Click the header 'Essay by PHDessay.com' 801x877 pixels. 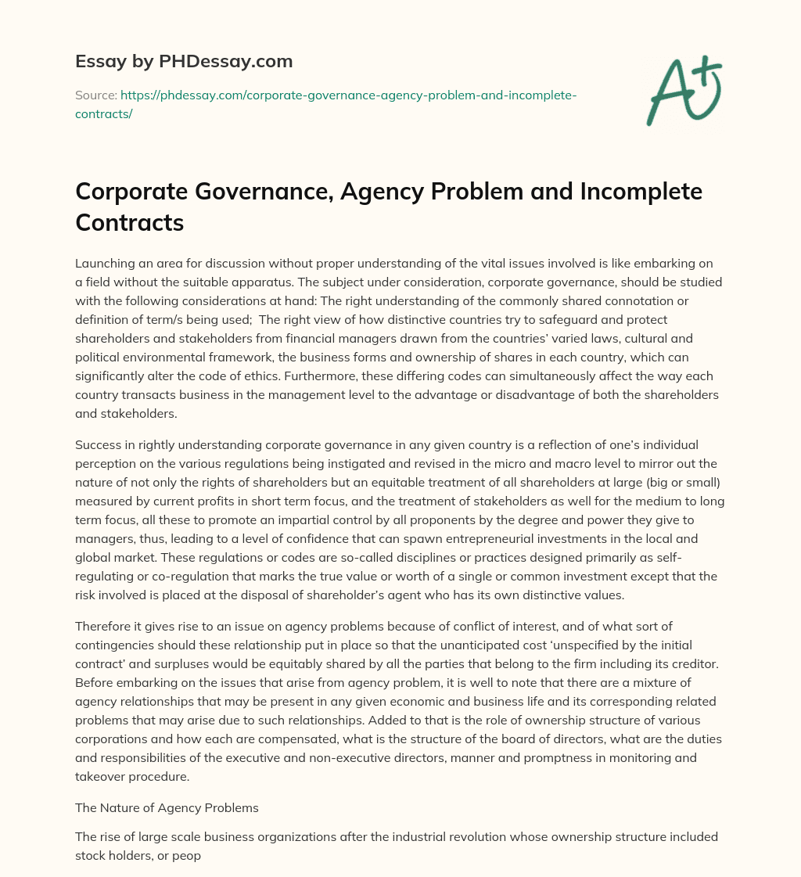[184, 60]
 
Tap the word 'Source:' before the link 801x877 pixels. [95, 95]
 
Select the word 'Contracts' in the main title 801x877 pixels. [129, 223]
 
